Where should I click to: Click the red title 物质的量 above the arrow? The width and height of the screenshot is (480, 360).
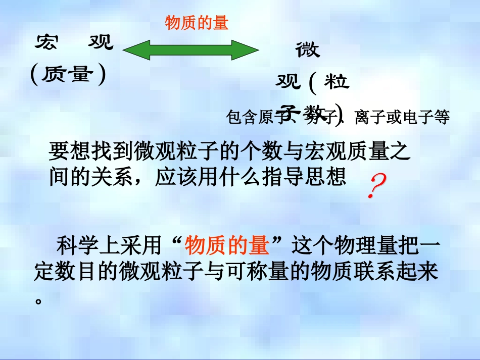point(197,23)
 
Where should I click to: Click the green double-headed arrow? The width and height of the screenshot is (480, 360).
point(190,50)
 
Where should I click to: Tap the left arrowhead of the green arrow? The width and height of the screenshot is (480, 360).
point(131,50)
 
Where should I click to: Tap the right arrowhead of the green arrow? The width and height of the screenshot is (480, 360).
point(250,50)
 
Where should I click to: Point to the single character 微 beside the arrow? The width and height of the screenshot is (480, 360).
point(308,50)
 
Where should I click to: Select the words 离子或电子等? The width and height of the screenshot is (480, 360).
point(402,118)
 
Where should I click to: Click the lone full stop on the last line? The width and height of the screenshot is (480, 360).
point(38,300)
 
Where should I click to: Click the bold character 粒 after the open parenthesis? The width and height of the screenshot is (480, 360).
point(337,82)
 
